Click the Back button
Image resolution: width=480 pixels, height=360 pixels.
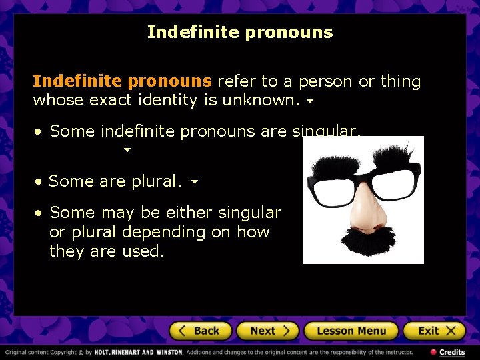tap(200, 331)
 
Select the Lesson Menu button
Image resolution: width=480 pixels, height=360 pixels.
tap(351, 331)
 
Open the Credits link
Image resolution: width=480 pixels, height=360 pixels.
tap(448, 352)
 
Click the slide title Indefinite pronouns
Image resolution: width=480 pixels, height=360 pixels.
tap(240, 32)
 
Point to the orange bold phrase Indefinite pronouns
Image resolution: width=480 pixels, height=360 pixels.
tap(122, 81)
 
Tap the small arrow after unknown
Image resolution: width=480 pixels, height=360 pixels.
tap(309, 102)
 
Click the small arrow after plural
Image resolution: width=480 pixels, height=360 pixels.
tap(194, 181)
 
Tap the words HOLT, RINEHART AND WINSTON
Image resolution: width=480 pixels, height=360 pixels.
tap(138, 352)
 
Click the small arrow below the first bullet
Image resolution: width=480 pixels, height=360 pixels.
tap(127, 151)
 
